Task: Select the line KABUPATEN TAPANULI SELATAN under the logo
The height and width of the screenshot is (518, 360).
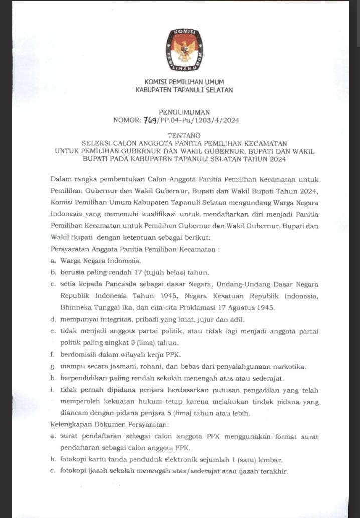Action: coord(184,90)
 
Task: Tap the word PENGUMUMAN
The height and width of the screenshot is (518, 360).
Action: coord(184,112)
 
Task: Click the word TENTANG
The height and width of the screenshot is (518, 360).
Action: coord(184,135)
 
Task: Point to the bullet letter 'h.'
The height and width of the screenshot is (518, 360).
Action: coord(53,378)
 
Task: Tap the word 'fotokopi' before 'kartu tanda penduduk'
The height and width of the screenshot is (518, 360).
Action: coord(73,459)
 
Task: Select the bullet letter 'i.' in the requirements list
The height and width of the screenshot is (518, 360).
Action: coord(52,390)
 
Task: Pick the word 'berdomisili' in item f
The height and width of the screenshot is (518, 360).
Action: coord(78,354)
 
